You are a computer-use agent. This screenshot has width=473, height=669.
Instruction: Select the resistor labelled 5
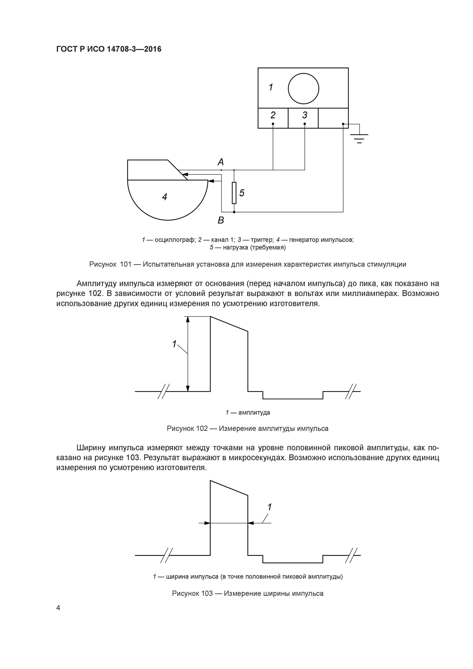point(234,193)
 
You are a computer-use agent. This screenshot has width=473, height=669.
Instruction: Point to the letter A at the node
point(221,162)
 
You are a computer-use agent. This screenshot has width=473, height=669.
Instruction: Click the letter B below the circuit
point(221,220)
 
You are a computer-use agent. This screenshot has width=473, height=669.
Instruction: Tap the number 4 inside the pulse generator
point(165,197)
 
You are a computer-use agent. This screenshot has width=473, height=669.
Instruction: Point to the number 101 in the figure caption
point(126,264)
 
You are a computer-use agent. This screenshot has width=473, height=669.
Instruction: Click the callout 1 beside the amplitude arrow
point(174,344)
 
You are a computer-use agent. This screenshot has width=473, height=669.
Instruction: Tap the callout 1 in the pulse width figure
point(269,507)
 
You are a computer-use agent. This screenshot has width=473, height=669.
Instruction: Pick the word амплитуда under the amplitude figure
point(254,412)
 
